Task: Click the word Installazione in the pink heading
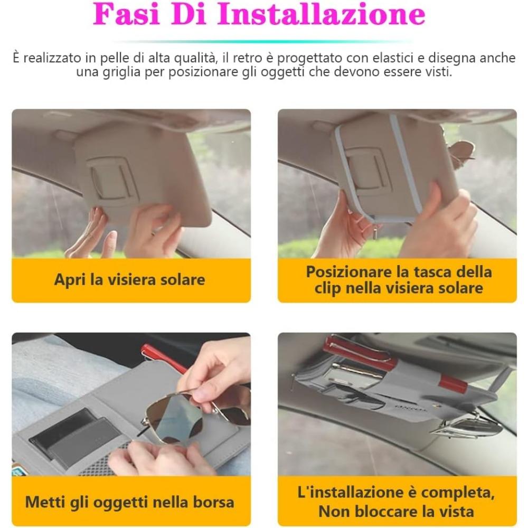tap(321, 14)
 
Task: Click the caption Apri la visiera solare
tap(130, 279)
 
